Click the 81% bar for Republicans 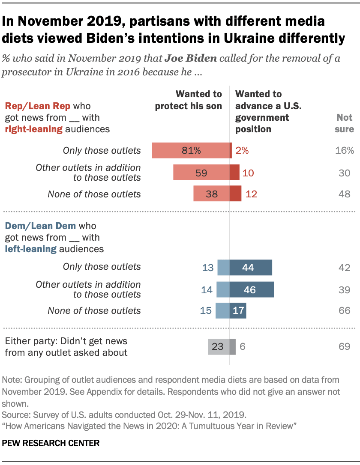coord(191,150)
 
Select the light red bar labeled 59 coord(201,173)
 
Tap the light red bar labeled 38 coord(212,194)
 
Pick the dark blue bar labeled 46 coord(252,289)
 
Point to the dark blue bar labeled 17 coord(238,310)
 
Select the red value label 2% coord(241,150)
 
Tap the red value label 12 coord(251,194)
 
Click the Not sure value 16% coord(345,150)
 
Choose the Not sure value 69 coord(345,346)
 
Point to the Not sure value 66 coord(345,310)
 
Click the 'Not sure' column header coord(345,123)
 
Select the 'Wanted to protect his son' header coord(189,100)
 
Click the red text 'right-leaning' coord(33,128)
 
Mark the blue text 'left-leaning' coord(30,248)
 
